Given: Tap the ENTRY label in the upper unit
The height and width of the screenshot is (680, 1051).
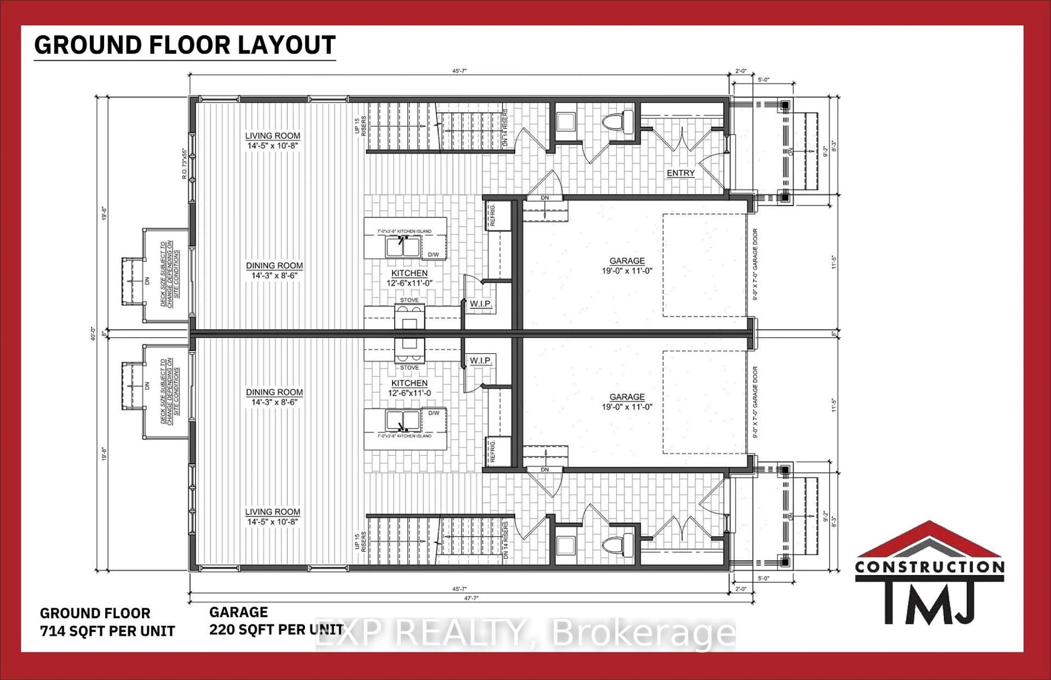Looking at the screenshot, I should click(x=680, y=173).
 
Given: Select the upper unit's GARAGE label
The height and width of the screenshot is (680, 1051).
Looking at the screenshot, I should click(x=627, y=261).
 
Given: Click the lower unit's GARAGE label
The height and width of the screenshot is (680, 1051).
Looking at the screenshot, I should click(x=627, y=397).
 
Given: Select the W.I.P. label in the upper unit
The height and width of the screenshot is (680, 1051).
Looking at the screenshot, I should click(x=481, y=304).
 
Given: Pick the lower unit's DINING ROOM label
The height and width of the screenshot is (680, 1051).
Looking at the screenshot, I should click(x=274, y=392).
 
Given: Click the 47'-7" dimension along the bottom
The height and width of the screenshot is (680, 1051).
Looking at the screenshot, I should click(x=471, y=598).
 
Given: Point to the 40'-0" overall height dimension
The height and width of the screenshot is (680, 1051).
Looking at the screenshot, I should click(x=92, y=333).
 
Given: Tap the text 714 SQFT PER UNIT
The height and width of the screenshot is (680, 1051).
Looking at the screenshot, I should click(x=107, y=631).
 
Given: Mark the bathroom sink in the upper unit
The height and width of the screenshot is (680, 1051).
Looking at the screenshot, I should click(x=565, y=122).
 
